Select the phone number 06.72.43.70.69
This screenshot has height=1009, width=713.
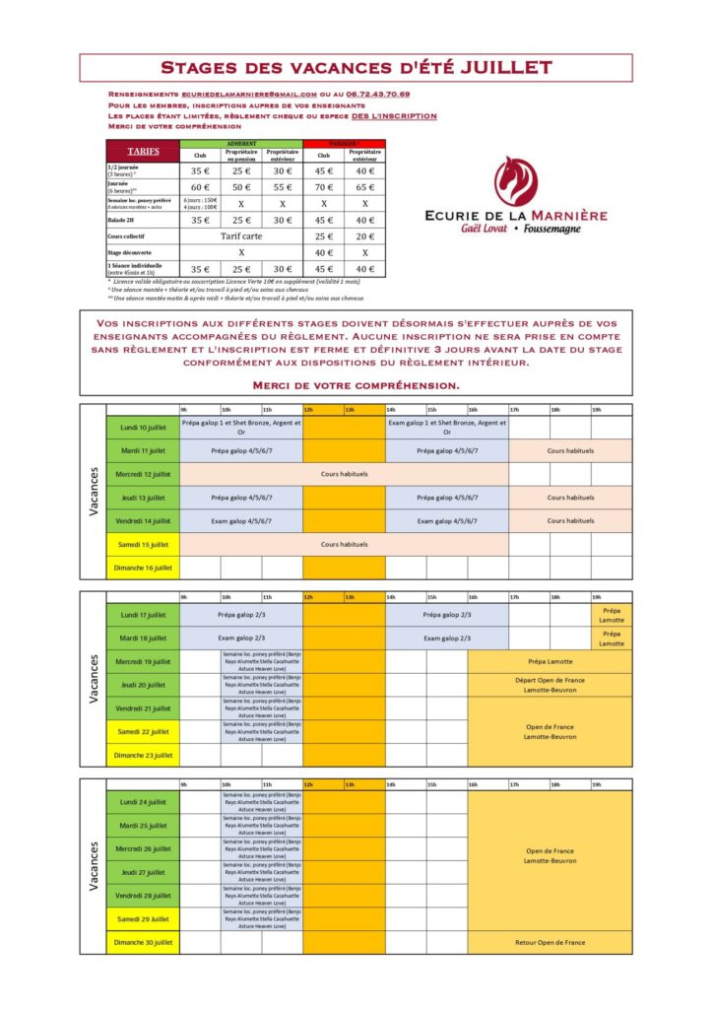tap(377, 94)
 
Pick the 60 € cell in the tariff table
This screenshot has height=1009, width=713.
tap(200, 186)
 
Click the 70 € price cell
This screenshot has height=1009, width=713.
tap(323, 186)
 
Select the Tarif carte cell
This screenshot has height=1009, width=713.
tap(241, 236)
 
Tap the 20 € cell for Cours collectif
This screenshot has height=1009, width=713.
tap(364, 236)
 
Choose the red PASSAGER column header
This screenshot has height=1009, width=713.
tap(323, 143)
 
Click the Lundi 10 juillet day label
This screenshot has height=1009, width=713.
tap(143, 427)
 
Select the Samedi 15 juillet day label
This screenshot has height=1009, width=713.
tap(143, 544)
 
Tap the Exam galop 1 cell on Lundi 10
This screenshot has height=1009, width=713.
tap(446, 427)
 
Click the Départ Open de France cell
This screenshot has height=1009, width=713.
tap(550, 685)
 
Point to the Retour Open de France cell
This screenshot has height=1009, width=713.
tap(550, 942)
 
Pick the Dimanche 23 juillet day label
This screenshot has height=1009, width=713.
tap(143, 755)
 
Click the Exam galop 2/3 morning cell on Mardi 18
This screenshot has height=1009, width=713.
tap(241, 638)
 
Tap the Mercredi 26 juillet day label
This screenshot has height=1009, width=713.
tap(143, 848)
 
